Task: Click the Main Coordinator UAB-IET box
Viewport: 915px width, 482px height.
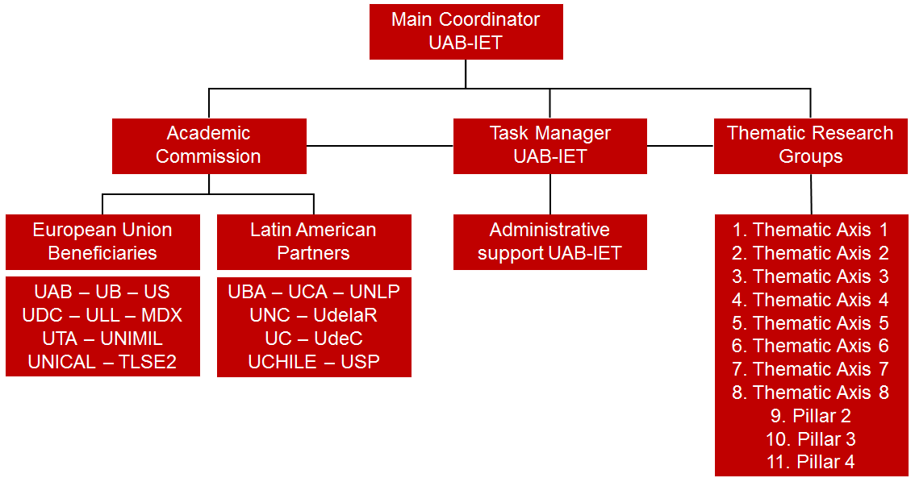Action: click(x=466, y=31)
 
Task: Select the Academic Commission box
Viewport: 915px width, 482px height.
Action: click(x=209, y=146)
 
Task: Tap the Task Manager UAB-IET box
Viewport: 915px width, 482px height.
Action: click(x=549, y=146)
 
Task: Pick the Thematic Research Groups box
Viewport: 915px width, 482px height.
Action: click(x=811, y=146)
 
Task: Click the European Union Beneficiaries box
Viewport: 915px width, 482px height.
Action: click(x=102, y=242)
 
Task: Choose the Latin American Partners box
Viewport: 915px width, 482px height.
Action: click(x=314, y=242)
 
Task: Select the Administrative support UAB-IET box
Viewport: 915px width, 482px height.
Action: click(x=549, y=242)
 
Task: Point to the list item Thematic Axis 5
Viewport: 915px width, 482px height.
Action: click(x=811, y=323)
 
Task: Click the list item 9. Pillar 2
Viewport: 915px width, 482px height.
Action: click(x=811, y=416)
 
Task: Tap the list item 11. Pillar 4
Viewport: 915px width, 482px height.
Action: click(x=811, y=462)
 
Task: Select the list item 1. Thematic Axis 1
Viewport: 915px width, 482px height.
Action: click(x=811, y=230)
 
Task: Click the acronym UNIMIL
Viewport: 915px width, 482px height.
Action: click(x=132, y=338)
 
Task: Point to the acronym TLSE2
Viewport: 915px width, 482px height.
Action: click(x=148, y=362)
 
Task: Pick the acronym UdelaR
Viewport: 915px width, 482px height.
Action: click(x=345, y=314)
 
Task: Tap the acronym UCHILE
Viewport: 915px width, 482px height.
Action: click(x=282, y=362)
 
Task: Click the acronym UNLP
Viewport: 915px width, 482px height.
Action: click(x=374, y=292)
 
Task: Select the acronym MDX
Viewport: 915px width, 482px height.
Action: click(x=161, y=314)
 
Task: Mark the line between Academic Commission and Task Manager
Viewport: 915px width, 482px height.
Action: click(x=380, y=146)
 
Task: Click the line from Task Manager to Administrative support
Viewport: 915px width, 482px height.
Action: click(x=549, y=194)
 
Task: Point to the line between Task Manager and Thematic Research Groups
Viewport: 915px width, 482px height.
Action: click(x=680, y=146)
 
